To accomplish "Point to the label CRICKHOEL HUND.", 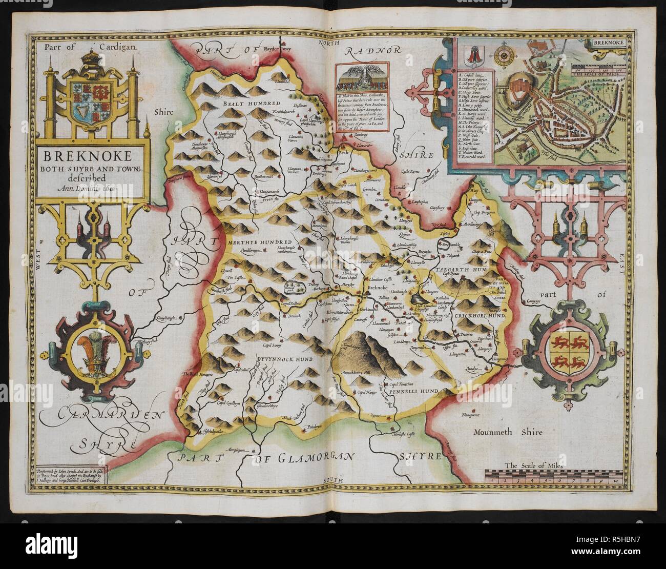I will click(477, 316).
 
